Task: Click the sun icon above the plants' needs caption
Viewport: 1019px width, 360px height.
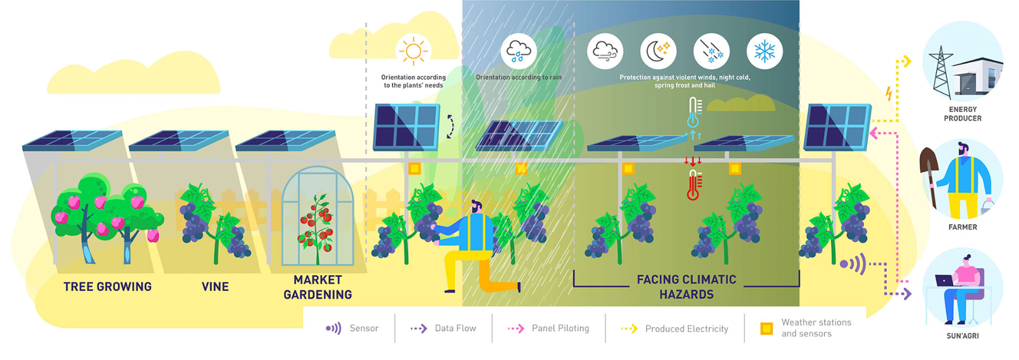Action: pos(413,51)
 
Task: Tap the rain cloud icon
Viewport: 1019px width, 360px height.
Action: pos(519,51)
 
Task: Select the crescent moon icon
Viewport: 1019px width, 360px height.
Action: pos(658,51)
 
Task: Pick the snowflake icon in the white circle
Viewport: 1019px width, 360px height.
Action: pos(764,51)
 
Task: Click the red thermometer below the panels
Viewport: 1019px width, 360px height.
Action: pos(694,185)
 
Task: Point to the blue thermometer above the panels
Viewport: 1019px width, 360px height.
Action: pos(695,112)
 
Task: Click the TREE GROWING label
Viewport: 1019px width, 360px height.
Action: pos(108,287)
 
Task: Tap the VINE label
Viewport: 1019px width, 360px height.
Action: pos(215,287)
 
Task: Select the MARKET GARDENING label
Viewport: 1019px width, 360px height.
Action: pos(318,287)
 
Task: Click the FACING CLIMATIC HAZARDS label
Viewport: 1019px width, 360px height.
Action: pos(686,287)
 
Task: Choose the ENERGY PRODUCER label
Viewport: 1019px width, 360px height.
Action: pos(963,114)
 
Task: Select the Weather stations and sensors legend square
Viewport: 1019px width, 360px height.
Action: pos(766,328)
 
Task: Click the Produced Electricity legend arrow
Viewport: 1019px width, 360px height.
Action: pos(629,328)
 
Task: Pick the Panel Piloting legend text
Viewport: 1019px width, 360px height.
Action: pos(560,328)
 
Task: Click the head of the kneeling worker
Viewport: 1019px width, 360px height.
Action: pos(476,207)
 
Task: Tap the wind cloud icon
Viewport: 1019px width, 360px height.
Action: pos(605,51)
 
